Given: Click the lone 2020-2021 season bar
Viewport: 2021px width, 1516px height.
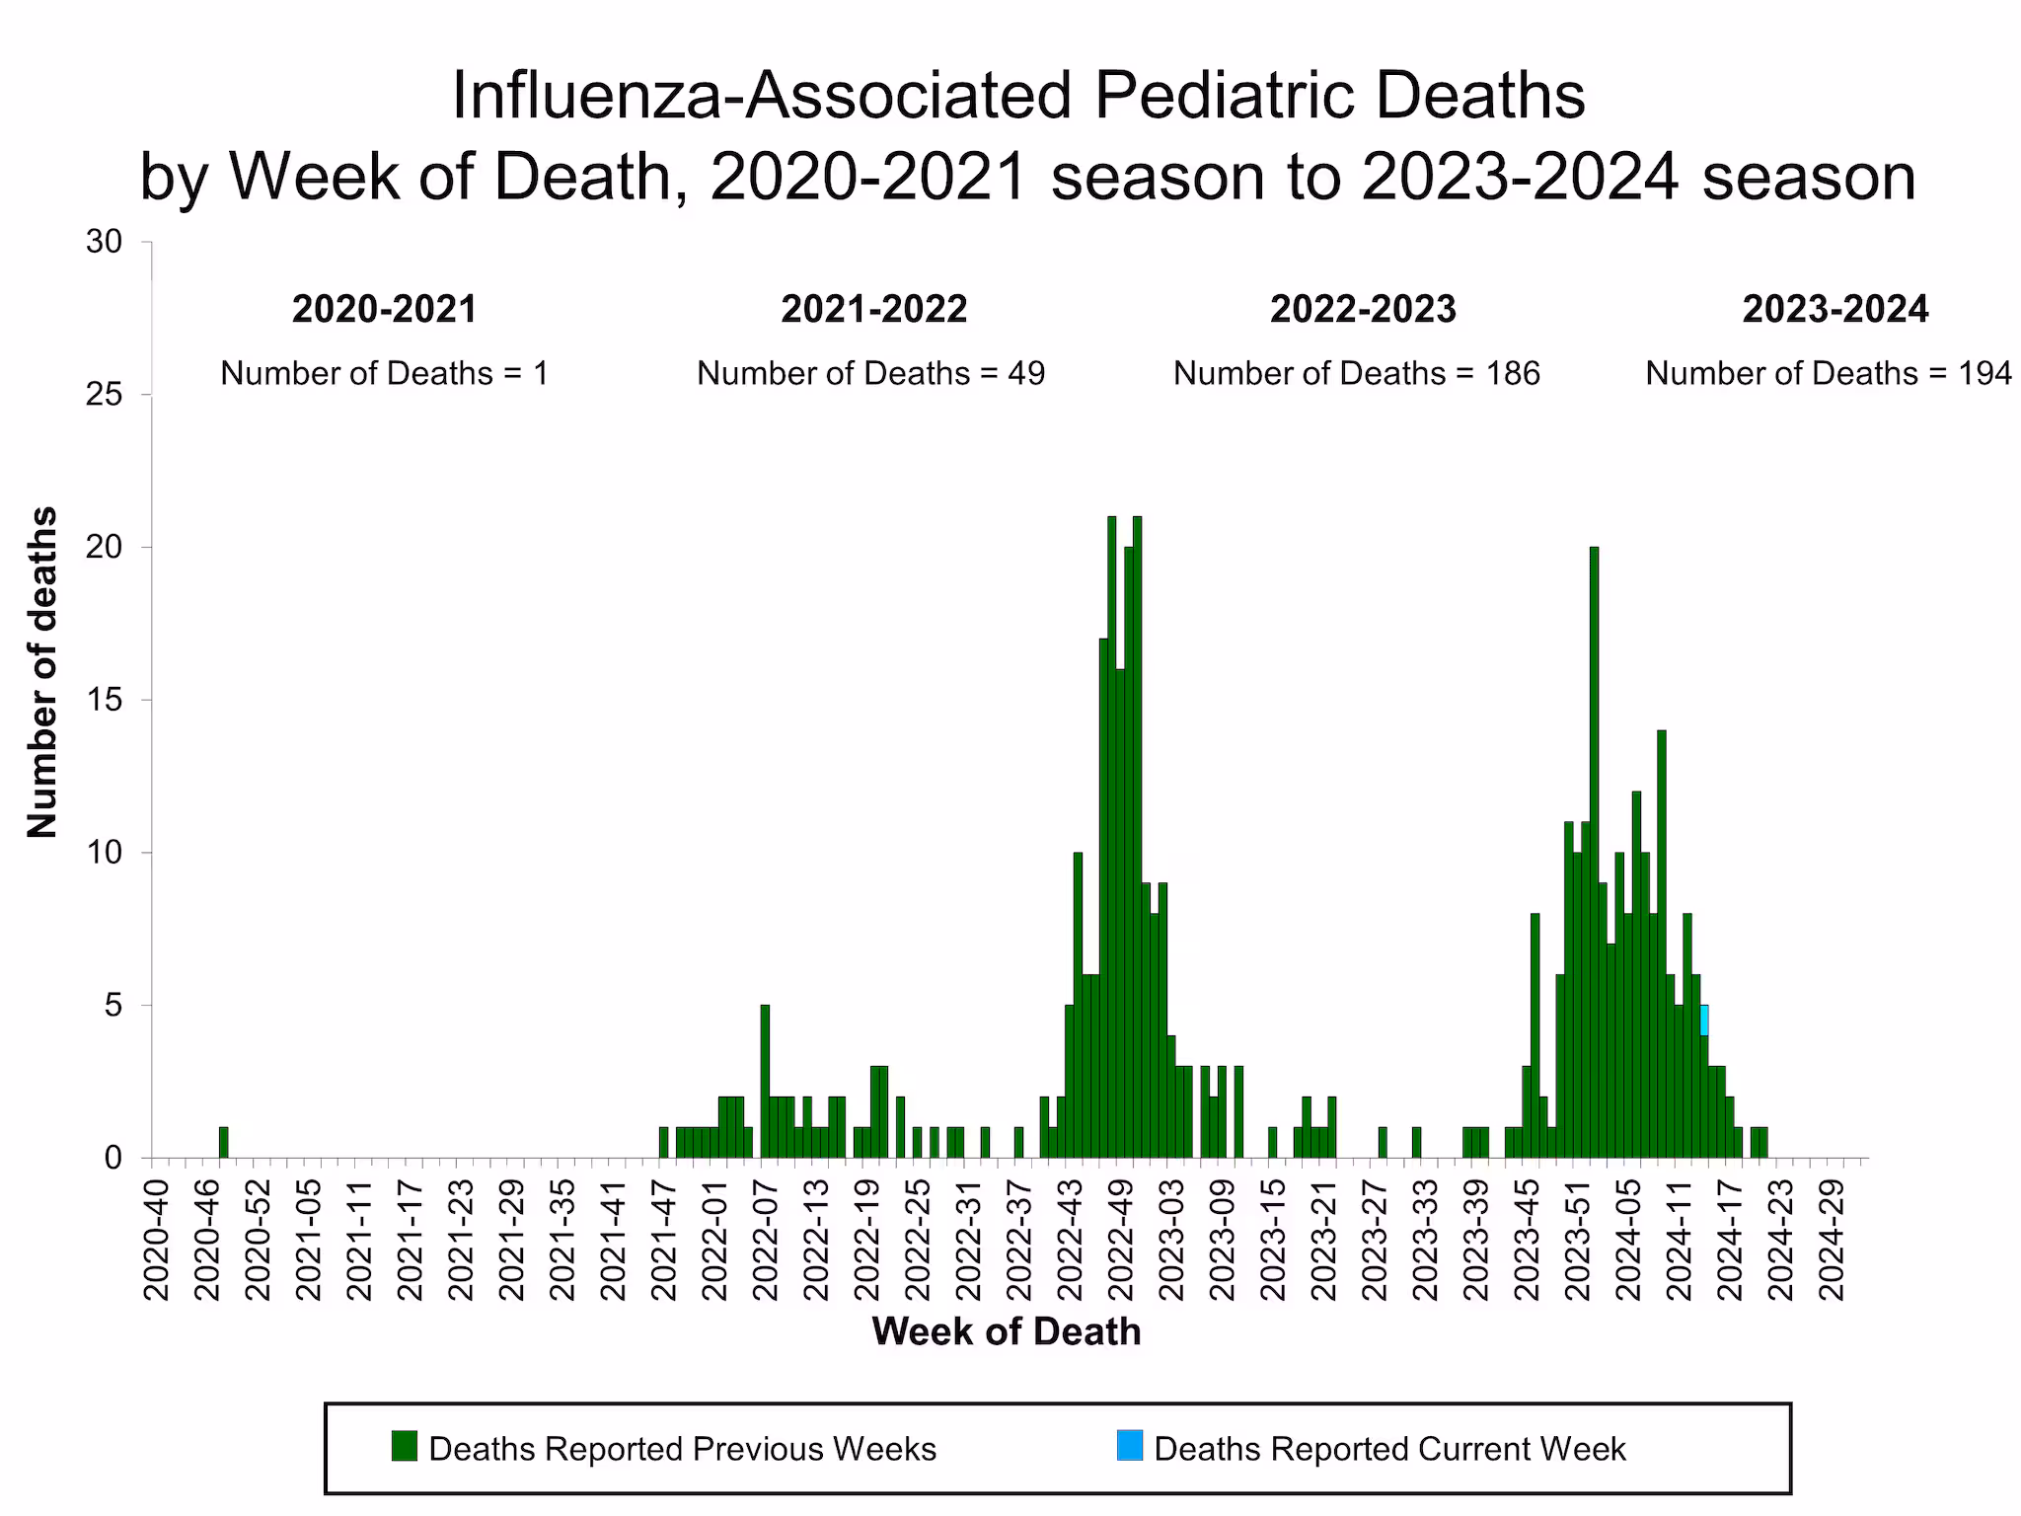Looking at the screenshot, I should tap(223, 1142).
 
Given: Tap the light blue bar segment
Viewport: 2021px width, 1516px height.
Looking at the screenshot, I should tap(1704, 1020).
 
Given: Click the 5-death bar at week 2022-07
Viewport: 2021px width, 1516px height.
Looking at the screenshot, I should tap(765, 1081).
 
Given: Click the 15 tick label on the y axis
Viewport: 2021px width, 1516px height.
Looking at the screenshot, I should tap(104, 700).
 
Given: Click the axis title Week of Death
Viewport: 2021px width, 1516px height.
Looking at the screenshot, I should tap(1006, 1331).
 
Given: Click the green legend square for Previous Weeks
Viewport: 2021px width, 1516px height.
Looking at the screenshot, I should tap(405, 1446).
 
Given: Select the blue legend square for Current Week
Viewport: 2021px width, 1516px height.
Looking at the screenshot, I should tap(1130, 1446).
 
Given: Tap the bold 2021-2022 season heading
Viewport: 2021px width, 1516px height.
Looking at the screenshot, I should tap(873, 309).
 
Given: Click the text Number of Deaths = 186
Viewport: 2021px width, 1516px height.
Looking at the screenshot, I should tap(1356, 373).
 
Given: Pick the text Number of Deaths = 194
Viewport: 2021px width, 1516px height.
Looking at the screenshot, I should tap(1828, 373).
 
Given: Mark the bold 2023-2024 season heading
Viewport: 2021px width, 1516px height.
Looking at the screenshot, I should tap(1834, 309).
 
